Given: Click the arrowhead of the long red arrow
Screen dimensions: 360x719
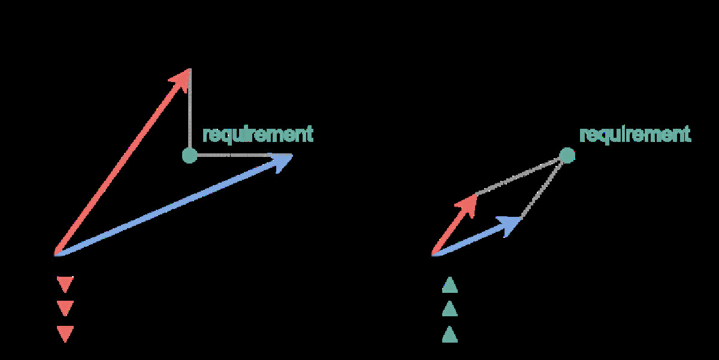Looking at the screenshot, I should point(182,78).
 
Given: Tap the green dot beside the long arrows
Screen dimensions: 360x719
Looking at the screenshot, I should point(189,156).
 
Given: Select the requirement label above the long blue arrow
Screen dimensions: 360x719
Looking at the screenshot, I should point(258,134).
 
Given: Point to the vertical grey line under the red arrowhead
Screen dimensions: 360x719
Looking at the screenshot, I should point(189,114).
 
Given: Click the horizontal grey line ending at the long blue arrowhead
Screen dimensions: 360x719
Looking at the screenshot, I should point(234,156).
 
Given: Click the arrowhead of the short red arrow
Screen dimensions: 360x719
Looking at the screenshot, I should point(468,202).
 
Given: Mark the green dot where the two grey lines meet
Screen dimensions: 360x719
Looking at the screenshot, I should point(567,156).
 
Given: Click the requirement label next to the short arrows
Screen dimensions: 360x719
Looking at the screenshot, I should point(635,134).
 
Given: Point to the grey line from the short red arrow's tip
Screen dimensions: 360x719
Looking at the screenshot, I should point(520,175).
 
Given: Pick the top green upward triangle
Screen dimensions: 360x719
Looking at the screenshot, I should point(449,285).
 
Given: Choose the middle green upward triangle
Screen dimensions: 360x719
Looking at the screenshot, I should point(449,309).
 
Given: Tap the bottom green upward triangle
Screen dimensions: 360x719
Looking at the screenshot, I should point(449,334).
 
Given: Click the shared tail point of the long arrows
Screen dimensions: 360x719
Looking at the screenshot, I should point(56,255).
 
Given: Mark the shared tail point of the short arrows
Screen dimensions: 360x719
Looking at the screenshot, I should point(433,255).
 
